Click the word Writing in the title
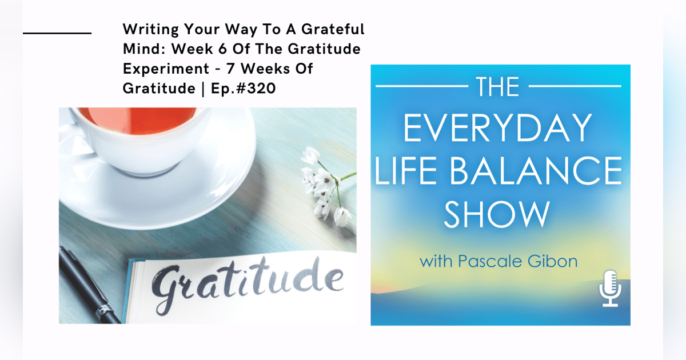tap(146, 29)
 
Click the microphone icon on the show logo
tap(611, 289)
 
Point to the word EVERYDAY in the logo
tap(497, 129)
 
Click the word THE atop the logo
tap(497, 87)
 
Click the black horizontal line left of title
tap(57, 33)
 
